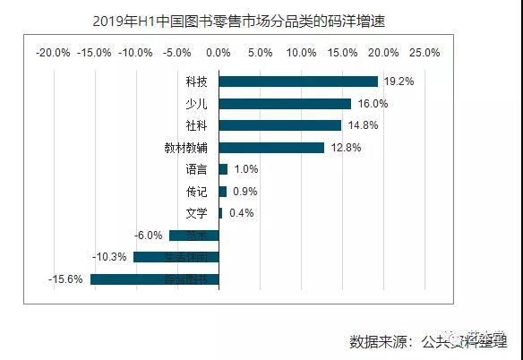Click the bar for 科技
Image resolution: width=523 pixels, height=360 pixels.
coord(298,81)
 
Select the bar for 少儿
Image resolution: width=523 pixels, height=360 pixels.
coord(285,104)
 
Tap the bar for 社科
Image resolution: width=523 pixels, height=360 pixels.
coord(280,125)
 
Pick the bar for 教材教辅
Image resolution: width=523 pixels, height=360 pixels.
coord(271,148)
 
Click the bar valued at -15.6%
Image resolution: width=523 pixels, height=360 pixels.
coord(154,279)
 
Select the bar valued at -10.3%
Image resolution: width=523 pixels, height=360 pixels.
coord(176,257)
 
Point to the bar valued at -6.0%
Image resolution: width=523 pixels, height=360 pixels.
coord(194,236)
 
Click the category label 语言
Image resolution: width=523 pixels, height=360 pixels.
coord(196,169)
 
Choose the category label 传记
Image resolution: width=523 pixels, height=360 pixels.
coord(196,192)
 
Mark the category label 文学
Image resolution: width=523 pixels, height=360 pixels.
coord(196,213)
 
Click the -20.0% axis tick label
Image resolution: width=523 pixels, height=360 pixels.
coord(53,52)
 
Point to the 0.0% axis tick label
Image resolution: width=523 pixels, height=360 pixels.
coord(219,52)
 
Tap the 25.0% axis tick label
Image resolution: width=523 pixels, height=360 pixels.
coord(424,52)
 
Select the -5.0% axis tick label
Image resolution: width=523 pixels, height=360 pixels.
coord(177,52)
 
